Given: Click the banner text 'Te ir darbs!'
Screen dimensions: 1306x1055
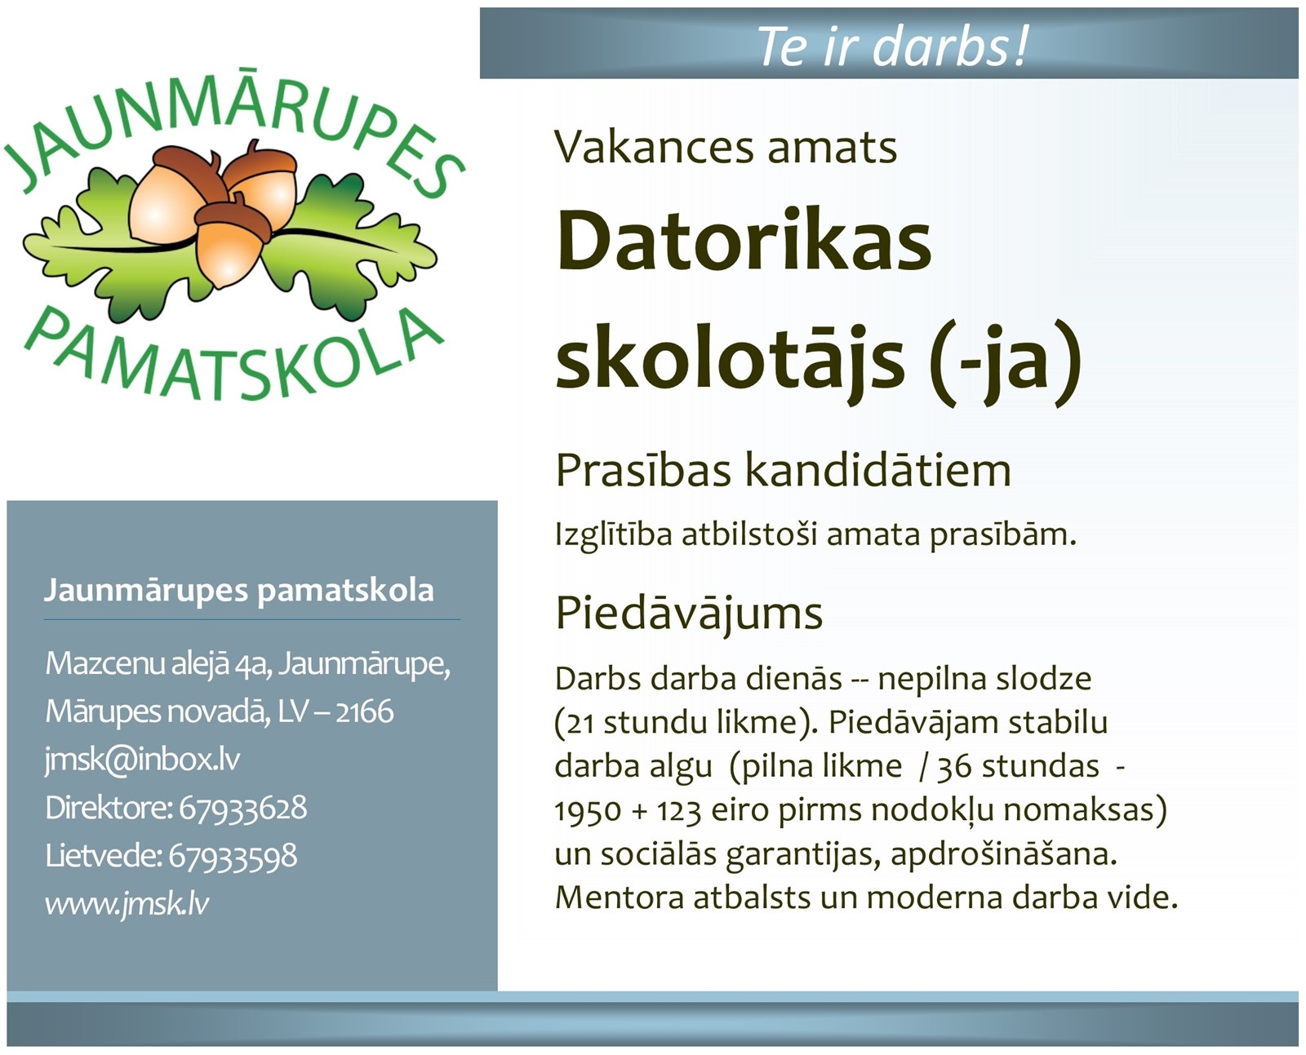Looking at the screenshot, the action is pyautogui.click(x=892, y=46).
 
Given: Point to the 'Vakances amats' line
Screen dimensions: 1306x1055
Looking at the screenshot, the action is pyautogui.click(x=726, y=147).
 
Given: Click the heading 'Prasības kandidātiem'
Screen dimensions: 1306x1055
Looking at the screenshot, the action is pyautogui.click(x=783, y=470).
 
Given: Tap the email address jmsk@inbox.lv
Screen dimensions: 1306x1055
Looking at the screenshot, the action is pyautogui.click(x=142, y=760).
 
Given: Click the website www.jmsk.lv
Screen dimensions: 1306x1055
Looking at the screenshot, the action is pyautogui.click(x=127, y=903).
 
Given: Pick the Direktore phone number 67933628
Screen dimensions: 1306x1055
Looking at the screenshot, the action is pyautogui.click(x=242, y=808).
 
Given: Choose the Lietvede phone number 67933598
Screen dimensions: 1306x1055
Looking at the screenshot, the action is pyautogui.click(x=233, y=856).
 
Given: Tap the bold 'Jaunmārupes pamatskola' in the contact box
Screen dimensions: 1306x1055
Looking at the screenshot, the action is pyautogui.click(x=238, y=591).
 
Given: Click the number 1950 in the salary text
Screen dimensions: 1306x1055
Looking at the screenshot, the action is pyautogui.click(x=588, y=811).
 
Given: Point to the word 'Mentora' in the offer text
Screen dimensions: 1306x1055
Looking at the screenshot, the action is pyautogui.click(x=620, y=898).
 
